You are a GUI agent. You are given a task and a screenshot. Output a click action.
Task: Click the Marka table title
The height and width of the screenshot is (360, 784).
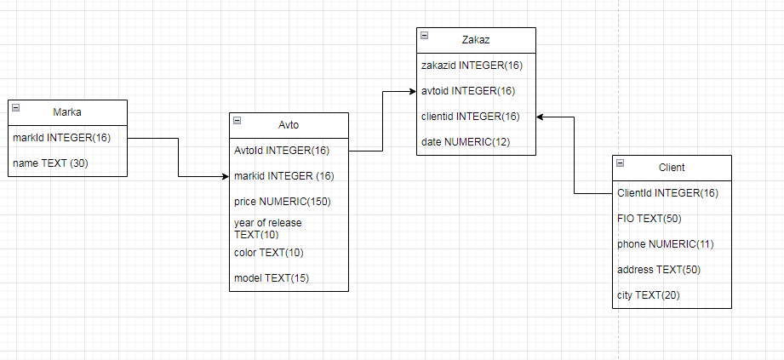[67, 112]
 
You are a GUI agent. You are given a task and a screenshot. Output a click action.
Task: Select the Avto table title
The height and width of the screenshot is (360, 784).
[289, 125]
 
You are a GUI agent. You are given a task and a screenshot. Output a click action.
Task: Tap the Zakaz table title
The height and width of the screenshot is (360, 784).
[476, 40]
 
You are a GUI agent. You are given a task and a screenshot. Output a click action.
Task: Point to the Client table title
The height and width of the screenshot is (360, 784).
[672, 168]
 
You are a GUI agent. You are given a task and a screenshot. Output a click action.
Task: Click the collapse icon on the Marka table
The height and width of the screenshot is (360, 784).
[16, 107]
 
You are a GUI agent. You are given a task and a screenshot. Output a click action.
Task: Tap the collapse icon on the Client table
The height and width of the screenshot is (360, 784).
[621, 163]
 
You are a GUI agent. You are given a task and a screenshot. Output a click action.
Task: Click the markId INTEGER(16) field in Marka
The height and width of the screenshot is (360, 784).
[61, 138]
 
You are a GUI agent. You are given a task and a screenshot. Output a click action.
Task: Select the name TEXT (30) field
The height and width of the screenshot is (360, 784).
[50, 163]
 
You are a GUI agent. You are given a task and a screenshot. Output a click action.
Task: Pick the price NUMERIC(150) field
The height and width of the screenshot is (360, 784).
[283, 202]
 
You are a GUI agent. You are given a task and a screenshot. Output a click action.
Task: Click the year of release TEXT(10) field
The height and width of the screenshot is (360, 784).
[268, 228]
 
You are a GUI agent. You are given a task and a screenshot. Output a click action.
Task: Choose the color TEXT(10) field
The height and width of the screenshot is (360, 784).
[268, 253]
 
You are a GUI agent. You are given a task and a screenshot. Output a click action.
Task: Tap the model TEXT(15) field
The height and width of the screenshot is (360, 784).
[272, 278]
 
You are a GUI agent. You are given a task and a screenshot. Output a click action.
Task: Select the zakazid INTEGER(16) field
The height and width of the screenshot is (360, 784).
[472, 66]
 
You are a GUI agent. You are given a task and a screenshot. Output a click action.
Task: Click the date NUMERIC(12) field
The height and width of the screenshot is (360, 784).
[466, 142]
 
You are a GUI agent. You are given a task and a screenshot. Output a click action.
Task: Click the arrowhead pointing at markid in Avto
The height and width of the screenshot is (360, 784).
[226, 176]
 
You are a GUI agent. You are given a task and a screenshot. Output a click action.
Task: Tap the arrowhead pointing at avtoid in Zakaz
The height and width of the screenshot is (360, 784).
[413, 92]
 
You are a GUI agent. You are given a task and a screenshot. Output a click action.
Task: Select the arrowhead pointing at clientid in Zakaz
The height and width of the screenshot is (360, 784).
[540, 117]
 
